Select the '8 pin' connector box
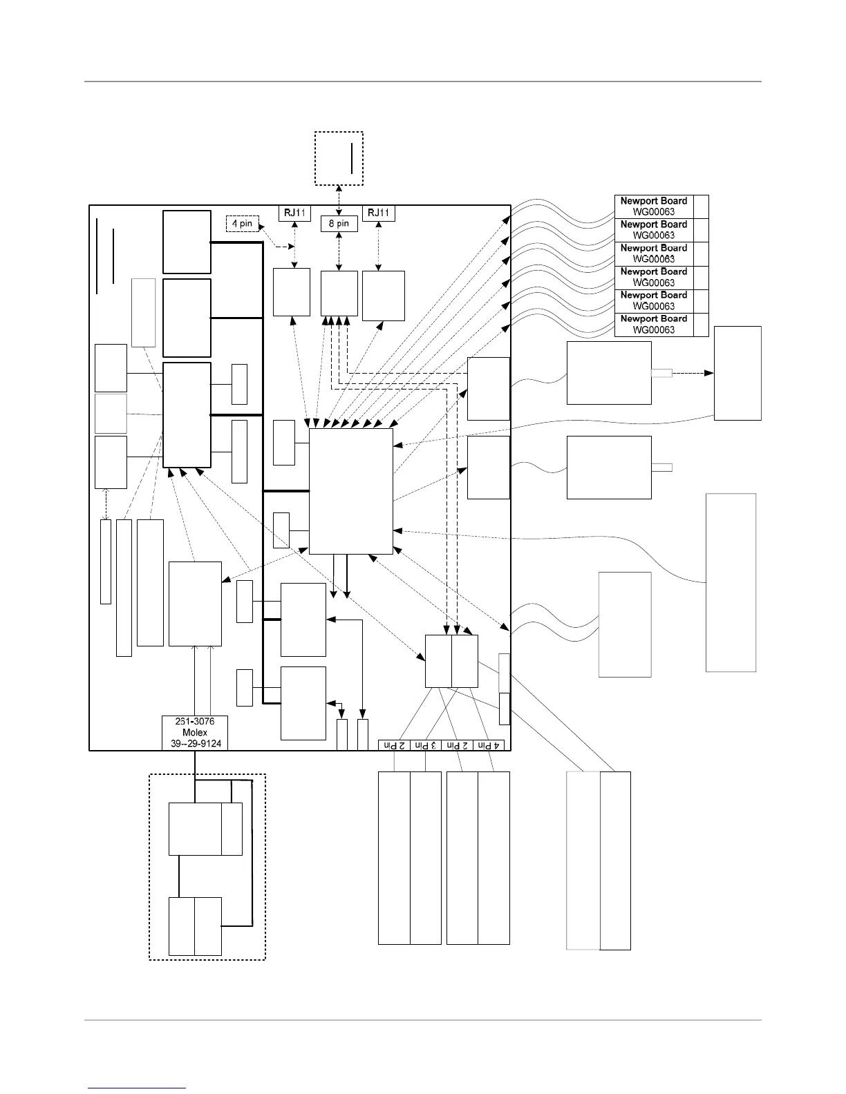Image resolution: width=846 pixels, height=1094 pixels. click(339, 224)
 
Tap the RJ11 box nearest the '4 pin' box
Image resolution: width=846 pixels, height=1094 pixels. click(295, 213)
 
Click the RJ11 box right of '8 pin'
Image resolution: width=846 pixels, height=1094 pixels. click(379, 213)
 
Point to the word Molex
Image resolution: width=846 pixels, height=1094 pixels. click(195, 733)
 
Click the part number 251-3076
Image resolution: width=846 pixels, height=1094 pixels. click(195, 722)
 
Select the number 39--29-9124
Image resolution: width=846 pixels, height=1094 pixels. click(195, 744)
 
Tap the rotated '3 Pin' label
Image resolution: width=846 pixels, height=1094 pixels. click(425, 745)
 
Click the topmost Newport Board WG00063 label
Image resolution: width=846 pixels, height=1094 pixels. click(653, 207)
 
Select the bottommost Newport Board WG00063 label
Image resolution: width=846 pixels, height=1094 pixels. click(653, 325)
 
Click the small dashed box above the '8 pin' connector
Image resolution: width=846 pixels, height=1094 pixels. click(339, 158)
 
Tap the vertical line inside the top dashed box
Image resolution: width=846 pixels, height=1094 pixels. click(352, 158)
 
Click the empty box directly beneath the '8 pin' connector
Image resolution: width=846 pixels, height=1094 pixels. click(339, 294)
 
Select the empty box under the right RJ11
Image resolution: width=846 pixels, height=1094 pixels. click(384, 296)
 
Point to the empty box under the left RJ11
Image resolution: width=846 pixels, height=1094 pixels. click(292, 292)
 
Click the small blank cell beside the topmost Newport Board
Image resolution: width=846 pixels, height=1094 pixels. click(701, 207)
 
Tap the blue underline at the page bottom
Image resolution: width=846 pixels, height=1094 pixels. click(137, 1088)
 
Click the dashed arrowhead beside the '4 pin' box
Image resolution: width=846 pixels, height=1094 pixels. click(291, 247)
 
